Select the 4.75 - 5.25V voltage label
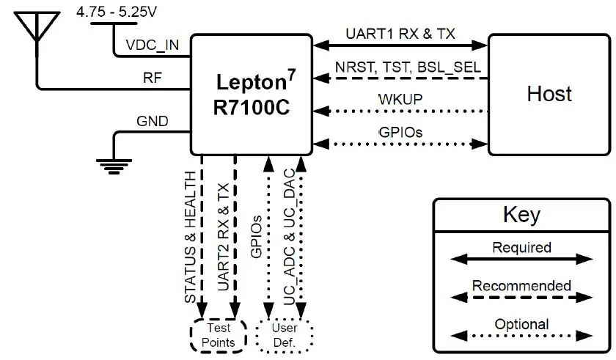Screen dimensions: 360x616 coord(122,11)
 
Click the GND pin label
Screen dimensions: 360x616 coord(153,121)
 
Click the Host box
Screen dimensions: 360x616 coord(549,94)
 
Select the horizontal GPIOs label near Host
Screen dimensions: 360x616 coord(399,131)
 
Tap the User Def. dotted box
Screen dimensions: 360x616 coord(285,335)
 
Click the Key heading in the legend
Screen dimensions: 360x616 coord(521,215)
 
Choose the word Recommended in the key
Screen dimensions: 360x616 coord(521,285)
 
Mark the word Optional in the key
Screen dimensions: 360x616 coord(521,324)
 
